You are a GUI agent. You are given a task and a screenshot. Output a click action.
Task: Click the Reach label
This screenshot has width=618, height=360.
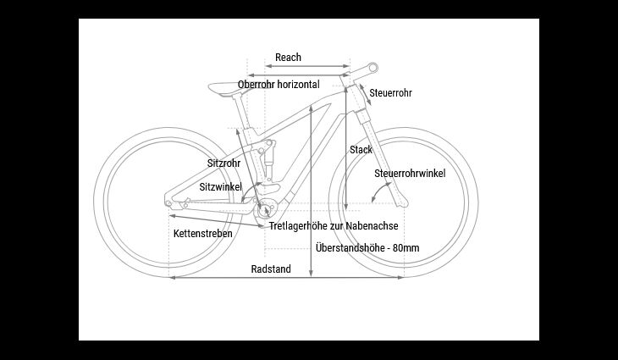tap(288, 58)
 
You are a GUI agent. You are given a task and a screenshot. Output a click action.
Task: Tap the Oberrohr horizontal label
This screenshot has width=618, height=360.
tap(279, 85)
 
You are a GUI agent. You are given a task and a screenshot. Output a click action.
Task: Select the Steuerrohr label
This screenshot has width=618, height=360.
tap(390, 93)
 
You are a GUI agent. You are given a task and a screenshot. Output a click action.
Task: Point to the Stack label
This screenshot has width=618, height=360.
tap(361, 150)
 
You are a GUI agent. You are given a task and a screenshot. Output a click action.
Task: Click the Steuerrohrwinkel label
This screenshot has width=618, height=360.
tap(410, 174)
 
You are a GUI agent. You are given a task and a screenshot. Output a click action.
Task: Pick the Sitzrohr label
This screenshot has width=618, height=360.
tap(223, 163)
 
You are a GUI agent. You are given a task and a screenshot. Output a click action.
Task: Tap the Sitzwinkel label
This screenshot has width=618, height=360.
tap(221, 187)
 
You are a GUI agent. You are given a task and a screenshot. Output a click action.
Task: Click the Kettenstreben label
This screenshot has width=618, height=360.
tap(203, 234)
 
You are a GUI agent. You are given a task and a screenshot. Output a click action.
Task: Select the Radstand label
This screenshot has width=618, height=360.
tap(271, 269)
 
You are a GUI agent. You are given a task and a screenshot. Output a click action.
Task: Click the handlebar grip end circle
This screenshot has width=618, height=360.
tap(372, 69)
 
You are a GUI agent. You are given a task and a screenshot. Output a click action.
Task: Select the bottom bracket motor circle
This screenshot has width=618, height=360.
tap(267, 208)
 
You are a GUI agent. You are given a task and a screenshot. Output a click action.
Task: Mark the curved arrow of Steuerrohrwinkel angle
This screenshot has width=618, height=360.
tap(379, 192)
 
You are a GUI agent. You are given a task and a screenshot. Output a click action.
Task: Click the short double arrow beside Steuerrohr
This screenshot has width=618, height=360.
tap(365, 95)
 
